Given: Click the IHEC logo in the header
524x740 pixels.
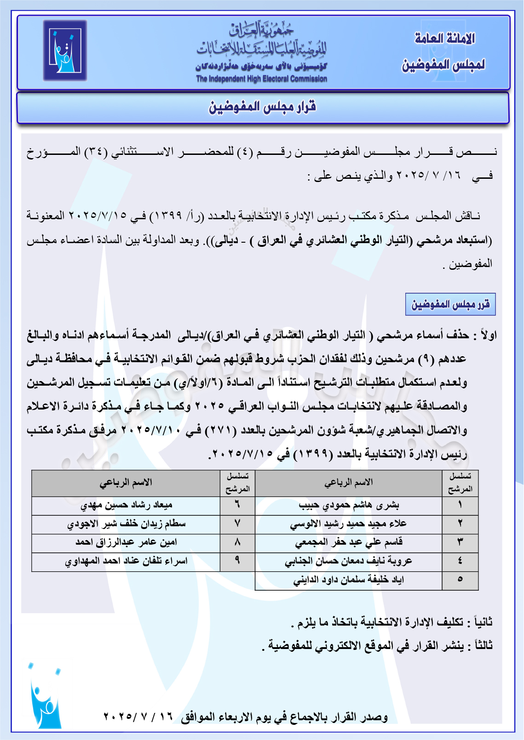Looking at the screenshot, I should [65, 51].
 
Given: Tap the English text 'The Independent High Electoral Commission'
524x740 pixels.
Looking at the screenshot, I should [261, 79].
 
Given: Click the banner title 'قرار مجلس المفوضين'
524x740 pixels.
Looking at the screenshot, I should [263, 107].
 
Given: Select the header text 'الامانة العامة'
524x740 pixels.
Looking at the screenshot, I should [444, 39].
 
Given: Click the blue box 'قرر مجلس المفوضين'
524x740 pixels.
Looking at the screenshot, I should [450, 304].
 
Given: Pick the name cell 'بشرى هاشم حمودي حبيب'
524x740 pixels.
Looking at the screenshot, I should [349, 506].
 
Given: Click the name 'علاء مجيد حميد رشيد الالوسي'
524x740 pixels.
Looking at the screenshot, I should [348, 524].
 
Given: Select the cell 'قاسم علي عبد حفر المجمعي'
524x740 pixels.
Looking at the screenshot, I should [349, 542].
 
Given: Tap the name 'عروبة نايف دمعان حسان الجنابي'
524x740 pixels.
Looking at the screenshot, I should [348, 561].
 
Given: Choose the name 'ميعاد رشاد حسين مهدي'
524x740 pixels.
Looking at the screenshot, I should [126, 506].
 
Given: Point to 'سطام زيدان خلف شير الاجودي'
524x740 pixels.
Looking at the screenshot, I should [126, 524].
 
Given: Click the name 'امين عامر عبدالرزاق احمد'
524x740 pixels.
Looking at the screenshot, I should [126, 542].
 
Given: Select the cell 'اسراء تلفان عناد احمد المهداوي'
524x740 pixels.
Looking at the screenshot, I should [126, 561].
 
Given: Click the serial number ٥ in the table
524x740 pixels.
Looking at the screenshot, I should [460, 580].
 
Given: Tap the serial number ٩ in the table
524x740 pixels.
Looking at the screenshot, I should [237, 561].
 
